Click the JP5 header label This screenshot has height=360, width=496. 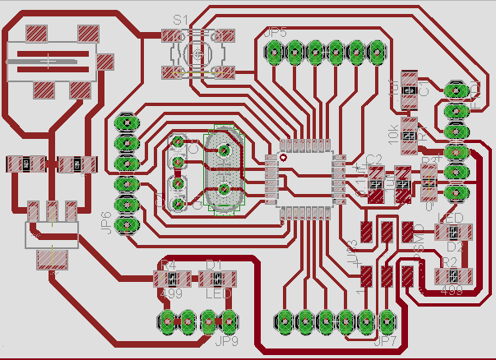tap(276, 32)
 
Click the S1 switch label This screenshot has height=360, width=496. tap(180, 20)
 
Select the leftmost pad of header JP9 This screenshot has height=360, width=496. tap(168, 320)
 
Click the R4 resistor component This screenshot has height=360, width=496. tap(168, 279)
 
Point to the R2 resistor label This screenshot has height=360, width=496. tap(449, 261)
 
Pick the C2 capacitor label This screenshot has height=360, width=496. tap(374, 160)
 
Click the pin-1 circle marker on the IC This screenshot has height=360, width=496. tap(283, 156)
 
